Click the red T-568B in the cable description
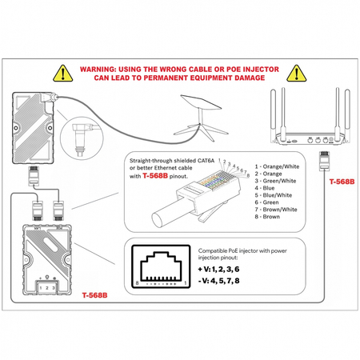(x=158, y=176)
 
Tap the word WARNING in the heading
(x=104, y=70)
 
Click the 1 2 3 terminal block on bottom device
(x=47, y=286)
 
